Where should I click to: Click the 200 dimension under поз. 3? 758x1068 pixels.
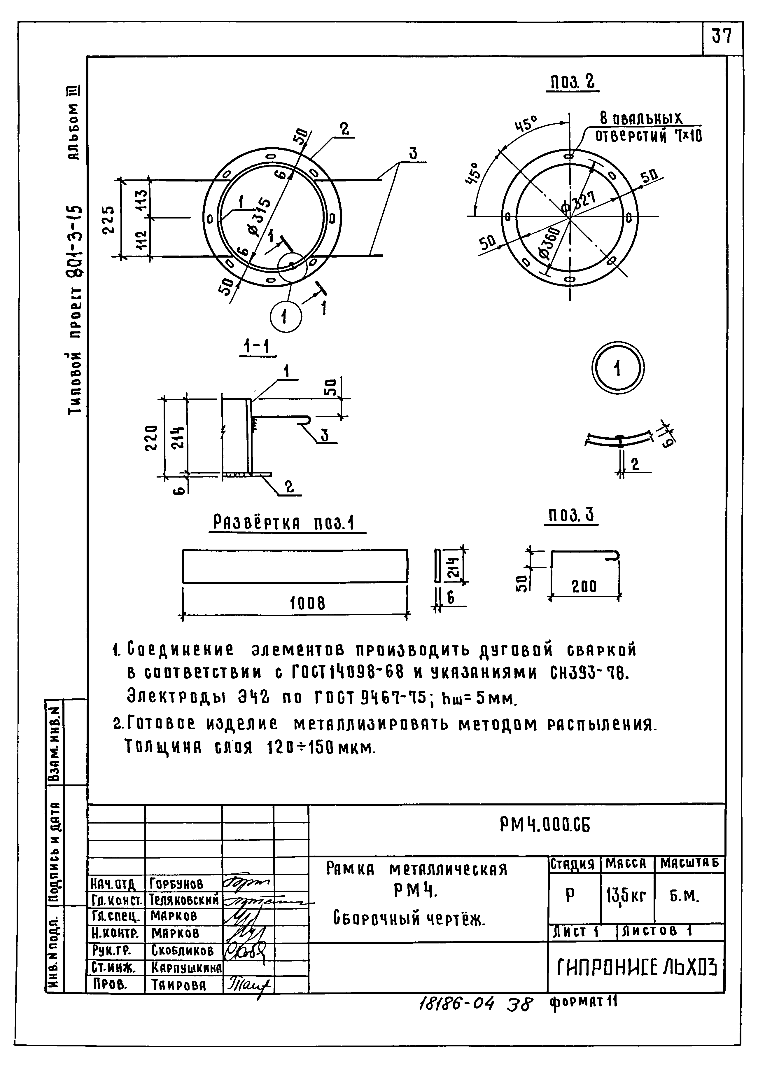point(585,587)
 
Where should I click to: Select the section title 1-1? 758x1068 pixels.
point(258,347)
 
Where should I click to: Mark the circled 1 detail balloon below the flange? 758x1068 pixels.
point(285,317)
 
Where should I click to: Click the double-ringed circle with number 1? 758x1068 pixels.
point(617,369)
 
